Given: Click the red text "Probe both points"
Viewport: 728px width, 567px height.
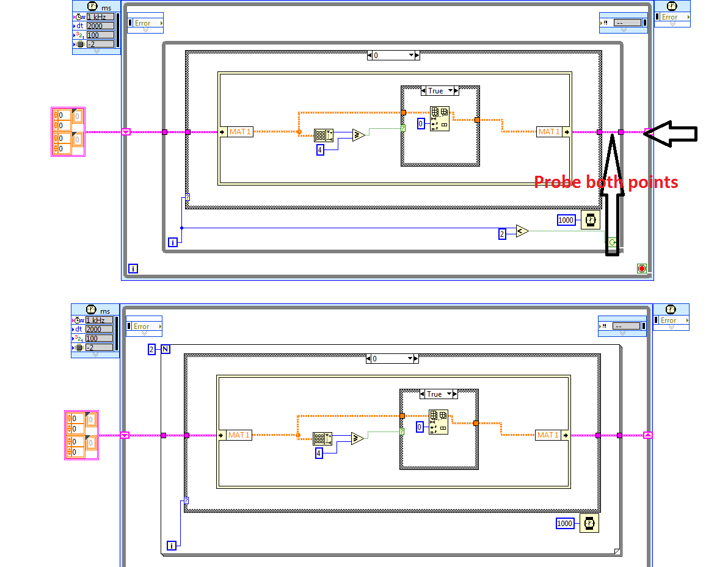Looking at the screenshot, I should (x=606, y=182).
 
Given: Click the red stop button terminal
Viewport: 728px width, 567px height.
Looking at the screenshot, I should (x=641, y=269).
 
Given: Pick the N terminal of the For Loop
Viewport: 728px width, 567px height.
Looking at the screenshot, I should (x=166, y=349).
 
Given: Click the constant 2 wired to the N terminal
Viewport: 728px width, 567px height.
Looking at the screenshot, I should (x=153, y=349).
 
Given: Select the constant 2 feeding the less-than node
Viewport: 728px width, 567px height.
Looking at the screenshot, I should (x=503, y=234).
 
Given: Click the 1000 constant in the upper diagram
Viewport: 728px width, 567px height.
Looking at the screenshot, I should (x=566, y=220).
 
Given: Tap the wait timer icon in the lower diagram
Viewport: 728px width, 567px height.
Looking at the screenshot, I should (x=589, y=523).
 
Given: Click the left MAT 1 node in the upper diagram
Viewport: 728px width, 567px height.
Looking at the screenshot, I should (x=240, y=132).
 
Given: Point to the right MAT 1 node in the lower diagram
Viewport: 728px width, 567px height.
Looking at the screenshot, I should (x=548, y=435).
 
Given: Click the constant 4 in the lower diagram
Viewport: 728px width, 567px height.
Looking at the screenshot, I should (x=318, y=453).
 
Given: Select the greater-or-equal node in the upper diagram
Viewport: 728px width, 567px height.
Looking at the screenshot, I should (x=358, y=135).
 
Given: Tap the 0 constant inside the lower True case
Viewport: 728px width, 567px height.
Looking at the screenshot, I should (x=420, y=427).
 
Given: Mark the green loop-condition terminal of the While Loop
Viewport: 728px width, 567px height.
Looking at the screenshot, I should (x=612, y=243).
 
